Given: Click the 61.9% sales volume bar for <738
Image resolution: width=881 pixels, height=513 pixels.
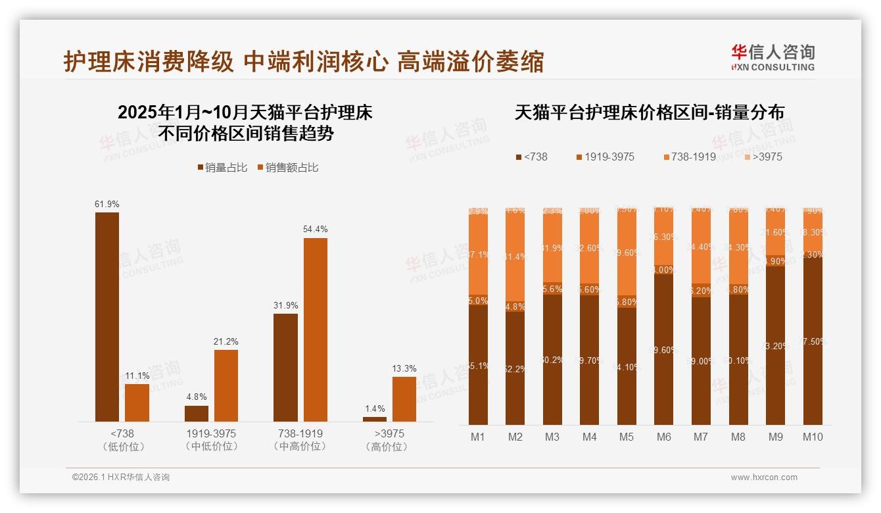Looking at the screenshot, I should click(107, 316).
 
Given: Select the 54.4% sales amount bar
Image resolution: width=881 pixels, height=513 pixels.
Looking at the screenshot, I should click(315, 330).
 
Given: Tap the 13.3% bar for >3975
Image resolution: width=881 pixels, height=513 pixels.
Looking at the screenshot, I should click(404, 399).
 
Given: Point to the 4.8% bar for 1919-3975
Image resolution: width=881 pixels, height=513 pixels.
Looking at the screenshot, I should click(197, 413).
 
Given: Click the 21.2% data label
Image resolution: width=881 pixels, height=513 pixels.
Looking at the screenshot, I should click(226, 341).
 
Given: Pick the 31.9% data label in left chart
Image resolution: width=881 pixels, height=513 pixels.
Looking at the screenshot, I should click(285, 305).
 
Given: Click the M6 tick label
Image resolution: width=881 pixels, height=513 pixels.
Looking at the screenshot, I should click(663, 437).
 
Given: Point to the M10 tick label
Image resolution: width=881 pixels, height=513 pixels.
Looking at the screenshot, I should click(813, 437).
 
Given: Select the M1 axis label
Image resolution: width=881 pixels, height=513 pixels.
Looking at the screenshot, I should click(478, 437).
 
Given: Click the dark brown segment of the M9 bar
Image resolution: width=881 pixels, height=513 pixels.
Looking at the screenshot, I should click(775, 345).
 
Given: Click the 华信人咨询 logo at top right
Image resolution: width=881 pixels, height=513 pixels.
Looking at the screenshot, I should click(773, 57).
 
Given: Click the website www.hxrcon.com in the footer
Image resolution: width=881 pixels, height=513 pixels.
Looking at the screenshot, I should click(764, 477).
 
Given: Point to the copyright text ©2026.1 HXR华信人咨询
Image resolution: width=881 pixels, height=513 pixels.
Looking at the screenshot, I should click(121, 477).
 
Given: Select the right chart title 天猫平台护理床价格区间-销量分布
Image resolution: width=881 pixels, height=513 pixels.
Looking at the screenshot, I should click(649, 112).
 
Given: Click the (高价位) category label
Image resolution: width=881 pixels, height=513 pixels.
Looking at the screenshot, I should click(389, 447).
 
